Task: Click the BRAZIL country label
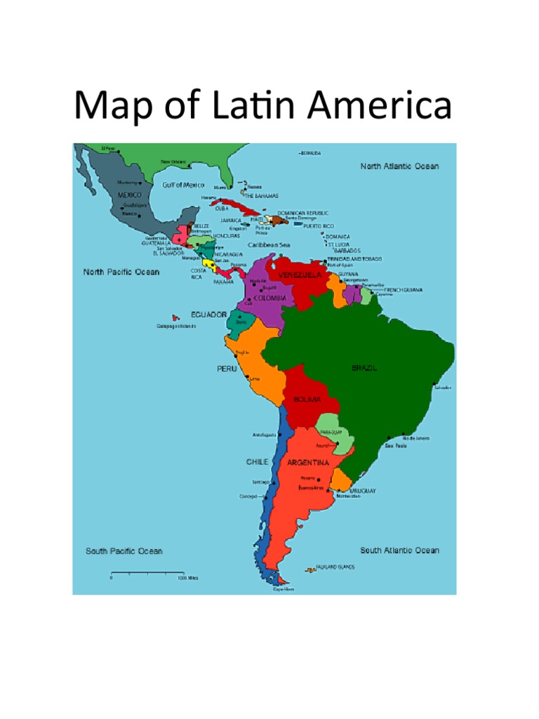pyautogui.click(x=364, y=368)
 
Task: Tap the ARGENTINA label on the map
pyautogui.click(x=308, y=463)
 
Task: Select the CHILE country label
pyautogui.click(x=257, y=462)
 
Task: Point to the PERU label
pyautogui.click(x=226, y=369)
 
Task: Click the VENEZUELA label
pyautogui.click(x=300, y=275)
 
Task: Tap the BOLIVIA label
pyautogui.click(x=302, y=400)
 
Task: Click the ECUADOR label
pyautogui.click(x=209, y=315)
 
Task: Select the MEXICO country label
pyautogui.click(x=129, y=194)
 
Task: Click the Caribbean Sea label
pyautogui.click(x=268, y=244)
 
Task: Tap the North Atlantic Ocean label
pyautogui.click(x=399, y=166)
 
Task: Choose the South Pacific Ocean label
pyautogui.click(x=124, y=551)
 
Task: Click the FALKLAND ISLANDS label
pyautogui.click(x=335, y=567)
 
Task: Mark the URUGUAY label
pyautogui.click(x=364, y=490)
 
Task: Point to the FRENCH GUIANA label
pyautogui.click(x=401, y=289)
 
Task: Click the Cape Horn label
pyautogui.click(x=284, y=589)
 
